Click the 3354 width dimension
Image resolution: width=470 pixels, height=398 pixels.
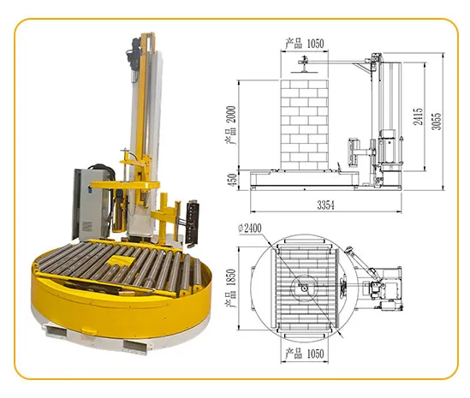[325, 205]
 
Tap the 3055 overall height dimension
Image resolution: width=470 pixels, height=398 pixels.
[437, 121]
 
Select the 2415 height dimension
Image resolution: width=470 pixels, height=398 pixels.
[418, 116]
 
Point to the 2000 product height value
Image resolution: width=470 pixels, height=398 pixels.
[231, 114]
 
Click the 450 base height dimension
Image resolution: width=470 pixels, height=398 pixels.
[233, 180]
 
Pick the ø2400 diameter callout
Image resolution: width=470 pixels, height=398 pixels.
[250, 228]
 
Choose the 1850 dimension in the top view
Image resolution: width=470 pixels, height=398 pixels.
[231, 277]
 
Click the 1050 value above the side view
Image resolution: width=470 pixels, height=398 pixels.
[315, 44]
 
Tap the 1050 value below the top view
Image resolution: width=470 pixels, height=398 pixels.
[315, 354]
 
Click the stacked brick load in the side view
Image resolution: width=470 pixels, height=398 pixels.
[304, 125]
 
